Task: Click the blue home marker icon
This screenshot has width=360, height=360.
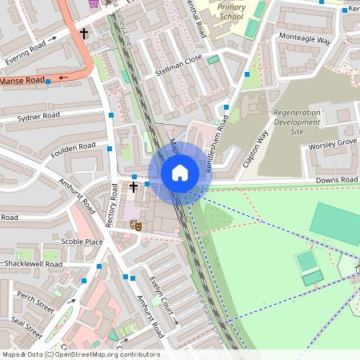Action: pyautogui.click(x=180, y=172)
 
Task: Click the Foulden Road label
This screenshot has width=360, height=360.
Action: pyautogui.click(x=73, y=149)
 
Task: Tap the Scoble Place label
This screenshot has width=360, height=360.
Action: pyautogui.click(x=82, y=242)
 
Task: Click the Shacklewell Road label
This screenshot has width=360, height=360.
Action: pyautogui.click(x=33, y=263)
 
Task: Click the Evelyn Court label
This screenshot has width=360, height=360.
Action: pyautogui.click(x=162, y=299)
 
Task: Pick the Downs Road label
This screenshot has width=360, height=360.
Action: pyautogui.click(x=337, y=180)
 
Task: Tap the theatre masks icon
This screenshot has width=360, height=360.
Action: pyautogui.click(x=137, y=226)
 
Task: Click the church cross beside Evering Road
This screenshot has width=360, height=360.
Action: pyautogui.click(x=84, y=34)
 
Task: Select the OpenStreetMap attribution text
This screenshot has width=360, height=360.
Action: pyautogui.click(x=80, y=354)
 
